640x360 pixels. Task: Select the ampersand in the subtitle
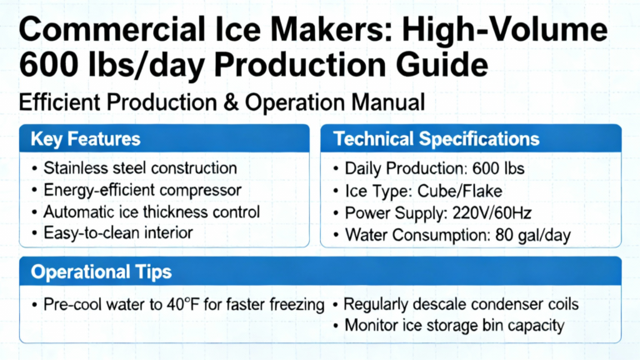pyautogui.click(x=231, y=102)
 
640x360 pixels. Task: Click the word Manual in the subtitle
pyautogui.click(x=387, y=102)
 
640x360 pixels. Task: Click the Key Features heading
pyautogui.click(x=86, y=139)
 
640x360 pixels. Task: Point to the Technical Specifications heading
pyautogui.click(x=437, y=139)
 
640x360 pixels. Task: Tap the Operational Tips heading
pyautogui.click(x=101, y=272)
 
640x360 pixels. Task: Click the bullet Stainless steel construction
pyautogui.click(x=140, y=167)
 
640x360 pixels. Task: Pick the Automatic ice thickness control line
pyautogui.click(x=152, y=212)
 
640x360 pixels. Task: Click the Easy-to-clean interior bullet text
pyautogui.click(x=118, y=233)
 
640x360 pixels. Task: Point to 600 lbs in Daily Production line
pyautogui.click(x=498, y=168)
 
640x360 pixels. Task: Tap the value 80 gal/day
pyautogui.click(x=532, y=235)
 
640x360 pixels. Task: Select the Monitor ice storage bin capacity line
pyautogui.click(x=454, y=326)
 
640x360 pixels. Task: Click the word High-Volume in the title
pyautogui.click(x=504, y=30)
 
